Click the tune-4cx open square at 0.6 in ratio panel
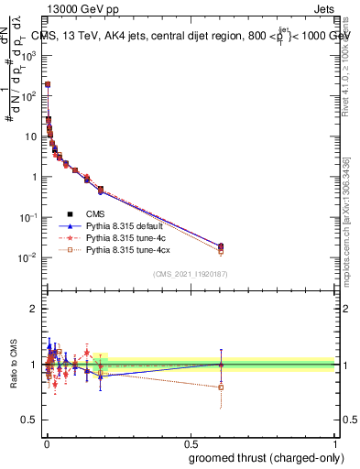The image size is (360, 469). pyautogui.click(x=221, y=387)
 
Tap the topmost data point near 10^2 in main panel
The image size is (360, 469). pyautogui.click(x=48, y=84)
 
